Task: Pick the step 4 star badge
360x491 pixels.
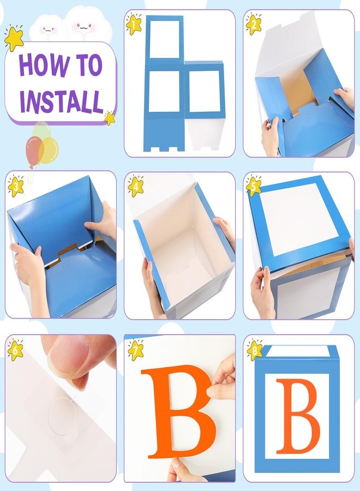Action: pyautogui.click(x=135, y=186)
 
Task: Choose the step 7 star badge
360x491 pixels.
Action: pyautogui.click(x=135, y=348)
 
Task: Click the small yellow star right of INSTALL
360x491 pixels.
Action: pyautogui.click(x=110, y=118)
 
